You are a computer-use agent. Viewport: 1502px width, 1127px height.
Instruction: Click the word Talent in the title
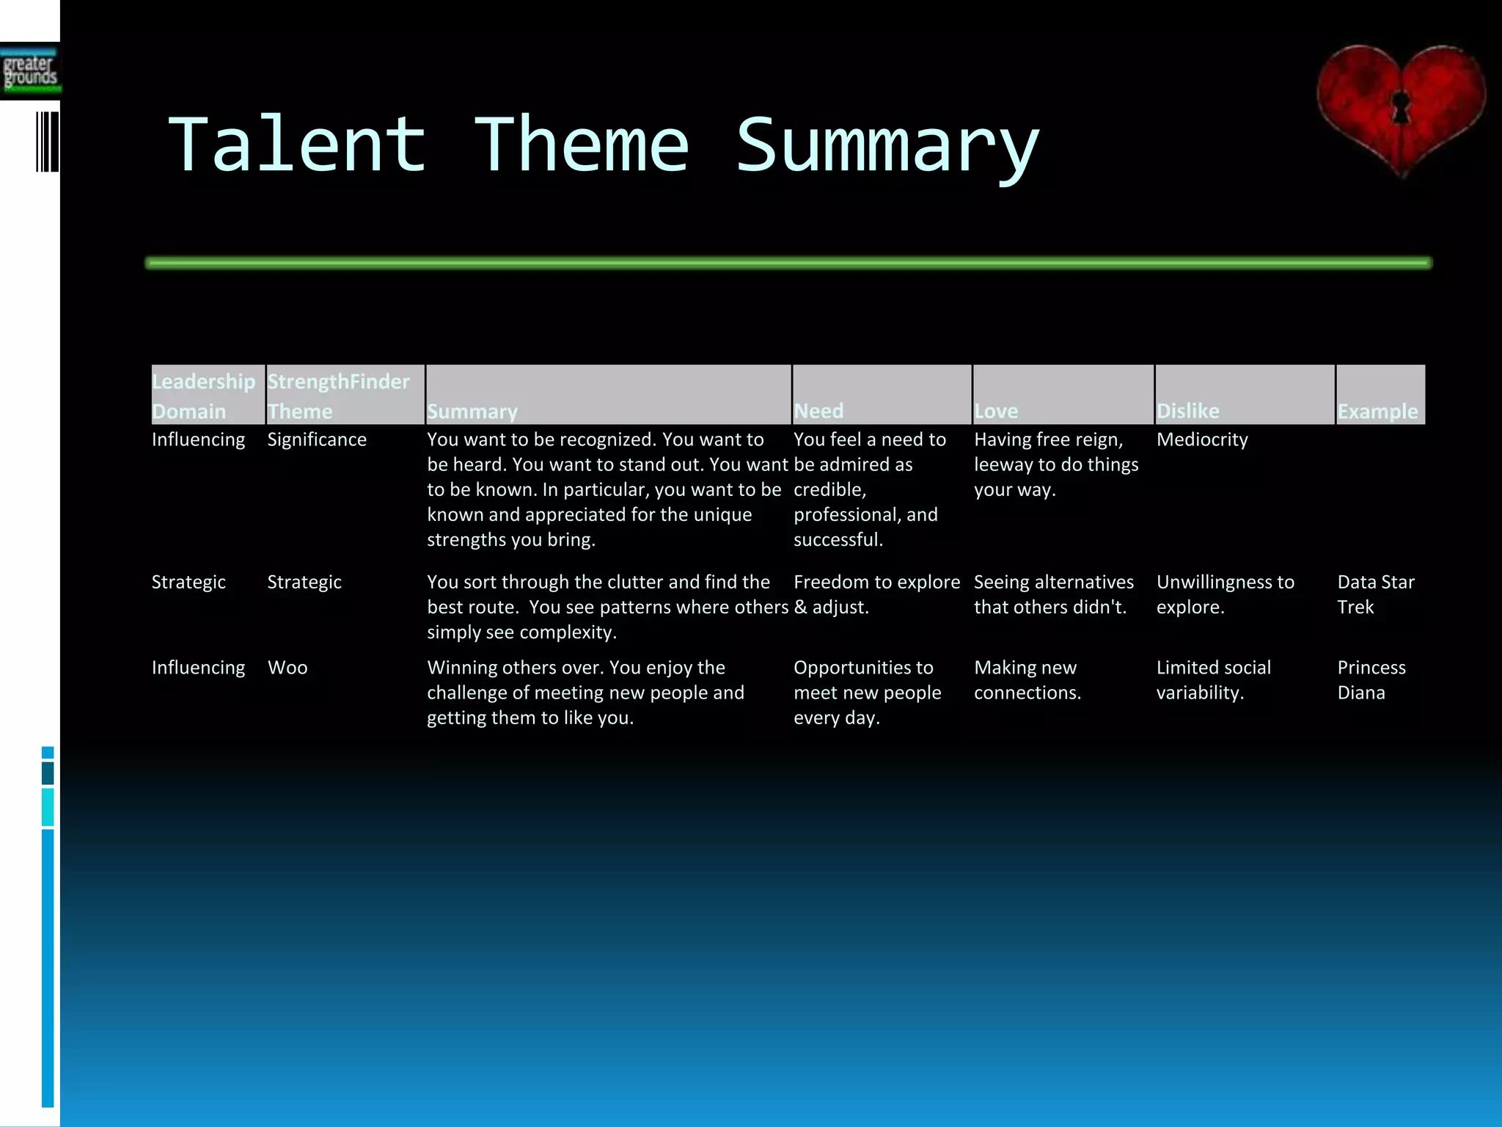click(297, 145)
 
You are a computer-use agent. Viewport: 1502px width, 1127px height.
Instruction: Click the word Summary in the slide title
click(887, 146)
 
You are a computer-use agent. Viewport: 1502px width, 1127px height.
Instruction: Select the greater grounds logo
click(30, 71)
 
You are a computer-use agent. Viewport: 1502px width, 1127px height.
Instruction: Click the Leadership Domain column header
click(204, 396)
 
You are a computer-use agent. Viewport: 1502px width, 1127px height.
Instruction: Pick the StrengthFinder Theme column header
click(339, 396)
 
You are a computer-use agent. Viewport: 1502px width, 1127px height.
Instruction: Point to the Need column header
click(819, 411)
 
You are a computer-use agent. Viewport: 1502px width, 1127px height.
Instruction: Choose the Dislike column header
click(1188, 411)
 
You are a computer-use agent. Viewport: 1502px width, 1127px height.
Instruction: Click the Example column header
click(1377, 411)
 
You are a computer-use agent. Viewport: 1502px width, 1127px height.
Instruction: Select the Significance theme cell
click(317, 440)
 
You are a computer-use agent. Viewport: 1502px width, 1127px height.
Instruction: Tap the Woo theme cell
click(287, 668)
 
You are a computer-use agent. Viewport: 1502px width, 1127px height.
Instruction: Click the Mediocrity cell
click(1202, 440)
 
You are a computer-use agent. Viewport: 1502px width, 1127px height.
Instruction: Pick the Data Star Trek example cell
click(1375, 594)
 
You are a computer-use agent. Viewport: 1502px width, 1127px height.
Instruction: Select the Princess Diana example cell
click(1371, 680)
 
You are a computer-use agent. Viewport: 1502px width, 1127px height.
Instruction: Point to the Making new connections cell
click(1027, 680)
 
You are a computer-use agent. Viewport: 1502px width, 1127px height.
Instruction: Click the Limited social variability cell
click(1213, 680)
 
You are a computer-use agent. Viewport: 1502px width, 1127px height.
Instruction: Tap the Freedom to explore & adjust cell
click(876, 594)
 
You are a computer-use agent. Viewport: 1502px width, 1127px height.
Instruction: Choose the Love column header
click(996, 411)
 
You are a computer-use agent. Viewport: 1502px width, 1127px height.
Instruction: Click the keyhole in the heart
click(1401, 106)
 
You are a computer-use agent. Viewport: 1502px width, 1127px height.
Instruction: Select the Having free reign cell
click(1055, 464)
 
